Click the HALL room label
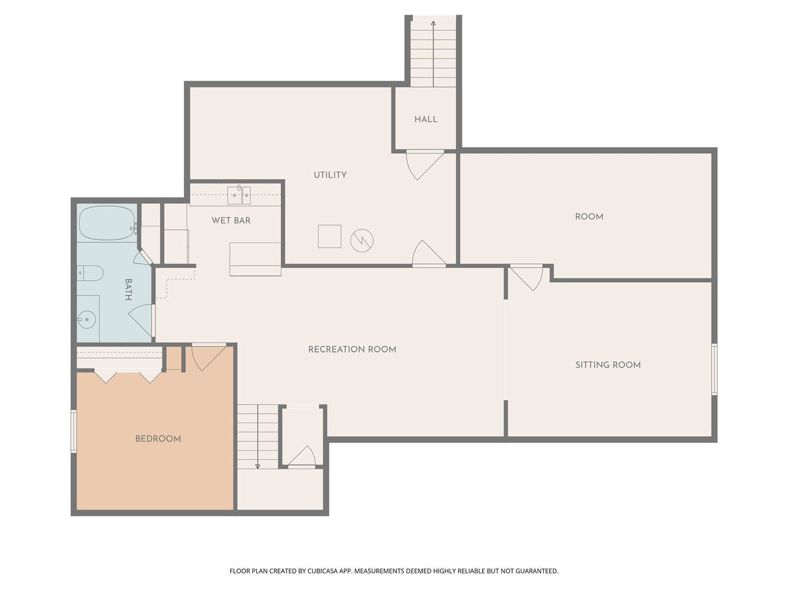click(x=425, y=119)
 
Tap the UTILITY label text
click(x=330, y=175)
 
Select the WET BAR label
click(x=231, y=220)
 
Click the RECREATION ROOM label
click(x=352, y=349)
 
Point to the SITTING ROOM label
click(x=608, y=365)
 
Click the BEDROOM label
click(x=158, y=439)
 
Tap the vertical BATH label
click(x=129, y=289)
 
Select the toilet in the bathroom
click(x=90, y=273)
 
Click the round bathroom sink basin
click(x=86, y=319)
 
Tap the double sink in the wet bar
click(x=239, y=195)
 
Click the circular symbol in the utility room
click(x=362, y=240)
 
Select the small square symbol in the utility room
click(x=329, y=236)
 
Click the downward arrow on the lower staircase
click(x=257, y=465)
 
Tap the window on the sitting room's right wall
click(x=714, y=369)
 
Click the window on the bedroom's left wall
click(x=73, y=432)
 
